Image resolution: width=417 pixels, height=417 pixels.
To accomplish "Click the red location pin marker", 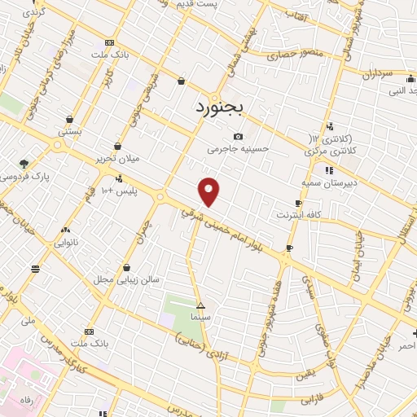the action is tap(209, 191).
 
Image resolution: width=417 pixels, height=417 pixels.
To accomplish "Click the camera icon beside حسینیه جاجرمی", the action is tap(238, 136).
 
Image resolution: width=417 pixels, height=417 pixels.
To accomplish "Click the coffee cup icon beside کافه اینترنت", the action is tap(299, 203).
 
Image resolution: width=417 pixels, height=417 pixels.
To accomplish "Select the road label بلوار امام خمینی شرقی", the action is tap(232, 227).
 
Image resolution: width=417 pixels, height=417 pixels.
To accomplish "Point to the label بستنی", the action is tap(69, 130).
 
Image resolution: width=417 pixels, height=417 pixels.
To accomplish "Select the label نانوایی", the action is tap(65, 242).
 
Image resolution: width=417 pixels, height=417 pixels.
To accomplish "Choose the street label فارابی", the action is tap(312, 401).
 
